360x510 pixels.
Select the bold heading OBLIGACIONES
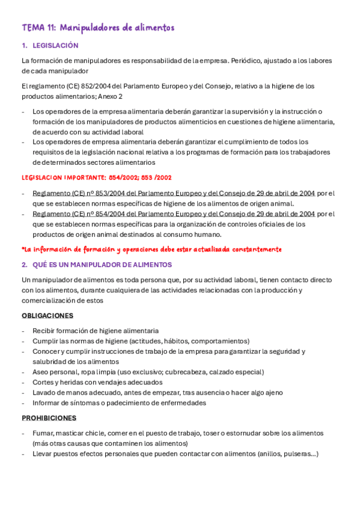pyautogui.click(x=47, y=316)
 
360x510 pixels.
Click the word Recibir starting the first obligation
pyautogui.click(x=44, y=331)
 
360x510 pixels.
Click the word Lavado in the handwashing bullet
pyautogui.click(x=44, y=392)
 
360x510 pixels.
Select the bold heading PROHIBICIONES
pyautogui.click(x=49, y=418)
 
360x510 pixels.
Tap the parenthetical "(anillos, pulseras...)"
pyautogui.click(x=281, y=453)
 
